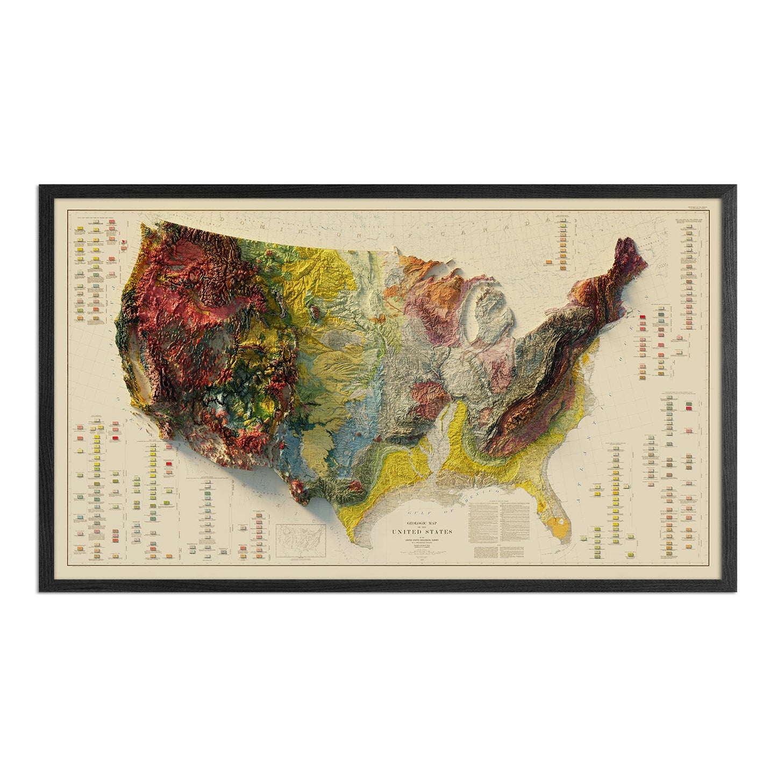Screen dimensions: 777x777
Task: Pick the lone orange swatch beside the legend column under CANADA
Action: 548,262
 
